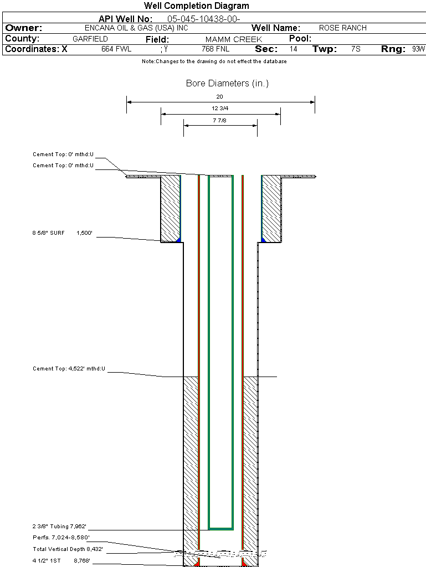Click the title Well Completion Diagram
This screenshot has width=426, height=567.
[196, 6]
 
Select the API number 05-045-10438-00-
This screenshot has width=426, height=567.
[203, 19]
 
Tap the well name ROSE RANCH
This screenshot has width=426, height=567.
[342, 28]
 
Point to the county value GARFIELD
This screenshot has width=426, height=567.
[90, 39]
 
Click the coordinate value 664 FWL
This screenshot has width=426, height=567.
[116, 49]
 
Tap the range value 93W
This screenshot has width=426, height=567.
[418, 49]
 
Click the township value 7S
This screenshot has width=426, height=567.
[356, 49]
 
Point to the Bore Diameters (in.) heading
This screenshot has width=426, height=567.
[227, 84]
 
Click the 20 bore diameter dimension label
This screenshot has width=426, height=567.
[220, 96]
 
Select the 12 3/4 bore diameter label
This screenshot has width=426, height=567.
[220, 109]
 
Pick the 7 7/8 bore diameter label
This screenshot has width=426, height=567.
[220, 120]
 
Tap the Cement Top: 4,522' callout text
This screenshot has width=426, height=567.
[69, 369]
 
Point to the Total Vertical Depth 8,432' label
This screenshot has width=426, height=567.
[68, 549]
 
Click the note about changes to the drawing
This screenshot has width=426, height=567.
[214, 61]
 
